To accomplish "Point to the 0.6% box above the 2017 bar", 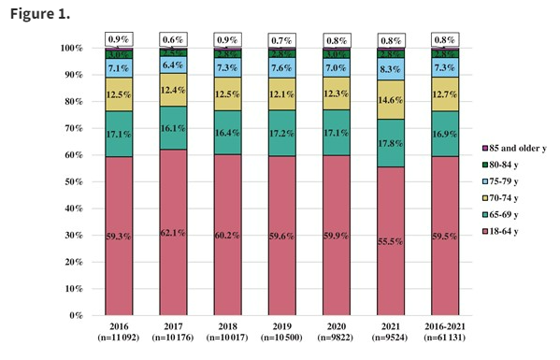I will point(173,39).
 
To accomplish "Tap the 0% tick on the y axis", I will point(76,315).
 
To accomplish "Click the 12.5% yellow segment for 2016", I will point(118,94).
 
